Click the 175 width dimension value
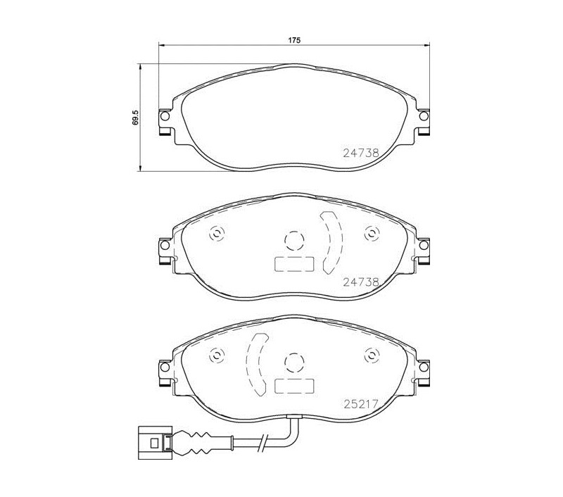(x=294, y=40)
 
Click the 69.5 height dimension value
(x=135, y=118)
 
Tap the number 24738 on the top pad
(x=361, y=153)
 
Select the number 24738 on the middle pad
(x=361, y=282)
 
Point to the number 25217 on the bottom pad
(x=361, y=404)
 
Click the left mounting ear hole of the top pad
(x=165, y=116)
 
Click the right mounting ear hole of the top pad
(x=424, y=116)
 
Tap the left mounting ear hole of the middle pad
(x=165, y=245)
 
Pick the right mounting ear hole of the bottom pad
(x=424, y=367)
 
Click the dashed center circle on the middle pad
(x=294, y=231)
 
